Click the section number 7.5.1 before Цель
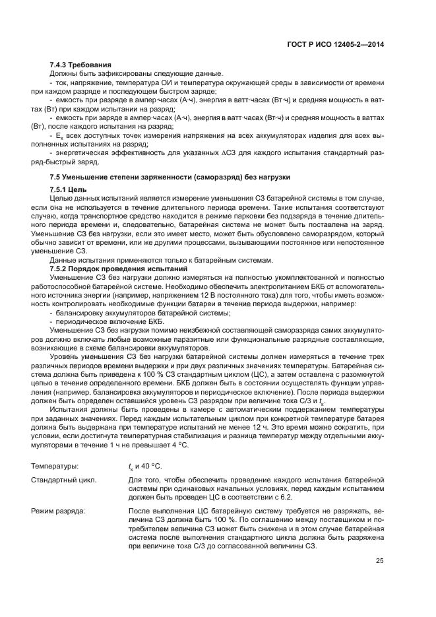click(x=63, y=190)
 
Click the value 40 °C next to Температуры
click(x=151, y=467)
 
